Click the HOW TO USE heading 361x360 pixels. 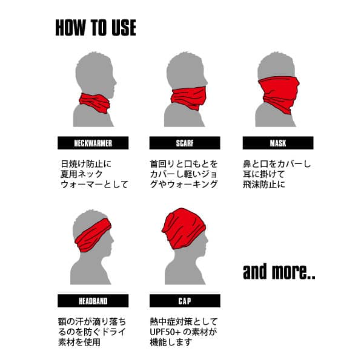coord(96,28)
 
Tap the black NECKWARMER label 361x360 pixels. coord(93,143)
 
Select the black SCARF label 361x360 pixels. coord(185,143)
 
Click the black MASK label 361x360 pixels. coord(278,143)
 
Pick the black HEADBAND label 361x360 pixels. coord(93,301)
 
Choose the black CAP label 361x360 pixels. coord(185,301)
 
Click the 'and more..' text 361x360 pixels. coord(279,272)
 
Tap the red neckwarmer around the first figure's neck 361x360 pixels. coord(94,103)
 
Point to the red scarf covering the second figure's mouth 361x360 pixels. coord(188,98)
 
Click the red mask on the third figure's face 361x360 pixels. coord(279,93)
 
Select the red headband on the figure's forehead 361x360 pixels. coord(93,235)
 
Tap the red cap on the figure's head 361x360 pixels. coord(183,227)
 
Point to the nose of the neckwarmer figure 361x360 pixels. coord(114,82)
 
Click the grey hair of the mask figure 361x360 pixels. coord(276,65)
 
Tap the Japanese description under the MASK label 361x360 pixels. coord(277,174)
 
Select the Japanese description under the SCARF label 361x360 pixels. coord(184,174)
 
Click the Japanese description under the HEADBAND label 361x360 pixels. coord(92,332)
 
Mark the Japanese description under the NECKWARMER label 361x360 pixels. coord(94,174)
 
